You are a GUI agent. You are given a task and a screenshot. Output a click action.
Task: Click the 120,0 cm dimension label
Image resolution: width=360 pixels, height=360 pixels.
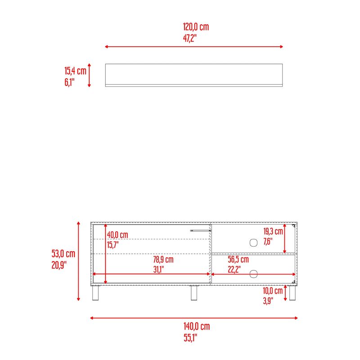(x=196, y=27)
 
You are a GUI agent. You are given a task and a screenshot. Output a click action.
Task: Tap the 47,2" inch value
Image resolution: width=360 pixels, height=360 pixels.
(x=190, y=38)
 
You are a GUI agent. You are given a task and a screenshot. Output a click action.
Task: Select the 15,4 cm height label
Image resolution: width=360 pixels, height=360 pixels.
(x=75, y=71)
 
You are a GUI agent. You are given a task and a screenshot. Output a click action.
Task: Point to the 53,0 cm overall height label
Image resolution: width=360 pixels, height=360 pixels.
(x=63, y=254)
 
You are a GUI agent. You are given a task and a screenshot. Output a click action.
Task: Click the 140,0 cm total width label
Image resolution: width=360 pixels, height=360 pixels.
(x=197, y=326)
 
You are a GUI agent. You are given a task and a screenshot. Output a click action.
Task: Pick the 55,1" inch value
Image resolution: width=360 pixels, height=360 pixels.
(x=190, y=338)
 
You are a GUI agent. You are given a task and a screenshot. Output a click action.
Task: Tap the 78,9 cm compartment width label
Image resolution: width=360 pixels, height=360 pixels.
(x=163, y=260)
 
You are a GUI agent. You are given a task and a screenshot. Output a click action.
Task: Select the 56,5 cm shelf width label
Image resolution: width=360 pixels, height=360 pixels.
(x=238, y=260)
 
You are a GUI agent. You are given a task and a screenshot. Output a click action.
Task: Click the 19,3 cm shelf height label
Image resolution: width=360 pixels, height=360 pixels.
(x=273, y=231)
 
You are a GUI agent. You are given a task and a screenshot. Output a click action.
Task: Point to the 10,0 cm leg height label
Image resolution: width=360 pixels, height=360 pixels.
(x=273, y=291)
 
